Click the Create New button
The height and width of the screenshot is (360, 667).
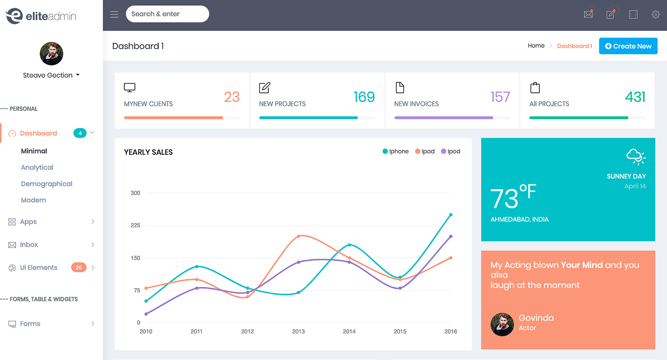point(628,46)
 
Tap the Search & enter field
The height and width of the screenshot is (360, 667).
point(167,14)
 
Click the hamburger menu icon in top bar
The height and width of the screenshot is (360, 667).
point(114,14)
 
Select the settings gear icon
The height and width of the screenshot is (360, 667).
point(656,14)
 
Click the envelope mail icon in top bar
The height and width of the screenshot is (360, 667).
point(588,14)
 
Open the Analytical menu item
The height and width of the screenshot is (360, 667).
point(37,168)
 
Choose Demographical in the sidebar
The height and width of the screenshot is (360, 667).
point(47,184)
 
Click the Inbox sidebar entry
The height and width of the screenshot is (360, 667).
point(29,245)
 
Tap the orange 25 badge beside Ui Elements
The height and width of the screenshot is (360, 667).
point(79,268)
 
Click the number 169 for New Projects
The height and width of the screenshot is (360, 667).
point(364,97)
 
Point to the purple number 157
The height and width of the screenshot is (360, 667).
point(500,97)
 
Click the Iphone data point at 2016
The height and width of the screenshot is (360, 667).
point(451,215)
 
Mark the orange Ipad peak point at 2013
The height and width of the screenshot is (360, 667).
point(298,236)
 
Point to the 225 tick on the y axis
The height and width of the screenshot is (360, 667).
point(135,225)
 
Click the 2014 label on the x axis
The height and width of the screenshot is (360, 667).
point(349,331)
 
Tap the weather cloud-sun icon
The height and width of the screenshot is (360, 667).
point(636,156)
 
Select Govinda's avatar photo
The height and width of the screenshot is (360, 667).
point(502,324)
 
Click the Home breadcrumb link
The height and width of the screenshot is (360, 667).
point(536,46)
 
